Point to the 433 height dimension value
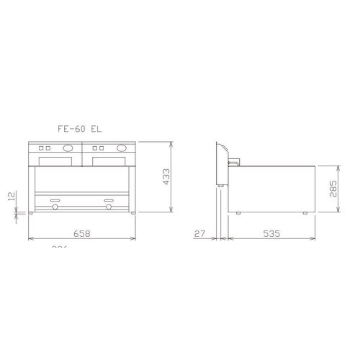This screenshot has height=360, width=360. point(166,176)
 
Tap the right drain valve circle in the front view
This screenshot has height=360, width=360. point(108,208)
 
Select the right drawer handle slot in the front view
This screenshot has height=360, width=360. point(108,199)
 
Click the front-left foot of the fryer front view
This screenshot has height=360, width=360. point(30,213)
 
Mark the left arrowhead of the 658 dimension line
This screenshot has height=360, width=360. point(30,238)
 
